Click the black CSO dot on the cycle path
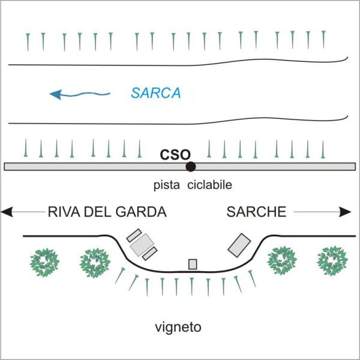click(190, 166)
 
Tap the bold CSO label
click(175, 154)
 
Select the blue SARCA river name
click(155, 93)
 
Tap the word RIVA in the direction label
click(62, 212)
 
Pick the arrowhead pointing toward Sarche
click(346, 212)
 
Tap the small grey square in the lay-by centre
click(193, 264)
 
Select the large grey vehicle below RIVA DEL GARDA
click(143, 243)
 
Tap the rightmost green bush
click(332, 260)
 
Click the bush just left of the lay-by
click(95, 261)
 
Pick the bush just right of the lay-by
click(282, 260)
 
